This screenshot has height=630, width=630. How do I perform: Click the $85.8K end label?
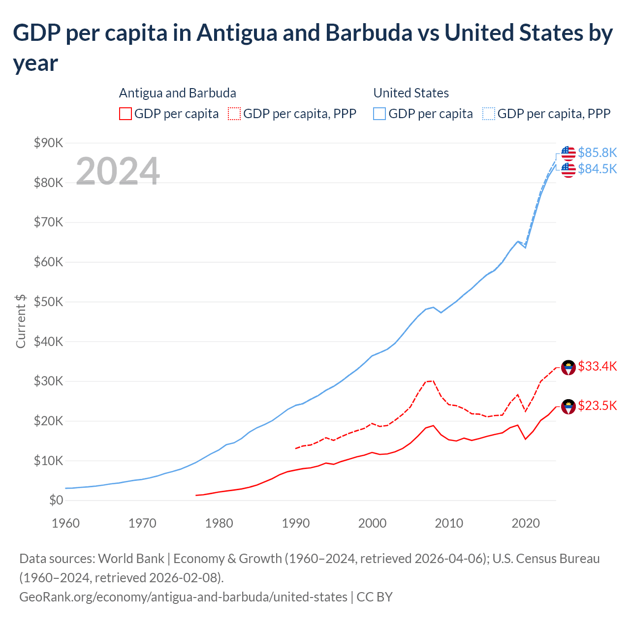(x=597, y=153)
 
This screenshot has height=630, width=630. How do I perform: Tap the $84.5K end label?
(x=597, y=169)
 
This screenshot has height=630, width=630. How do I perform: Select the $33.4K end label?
(x=597, y=366)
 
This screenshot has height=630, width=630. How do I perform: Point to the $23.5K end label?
(x=597, y=406)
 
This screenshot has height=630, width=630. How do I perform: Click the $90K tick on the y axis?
(x=48, y=143)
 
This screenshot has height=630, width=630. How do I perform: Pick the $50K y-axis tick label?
(x=48, y=302)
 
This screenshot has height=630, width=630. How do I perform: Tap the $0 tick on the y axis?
(x=56, y=501)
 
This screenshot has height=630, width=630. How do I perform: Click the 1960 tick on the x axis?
(x=65, y=523)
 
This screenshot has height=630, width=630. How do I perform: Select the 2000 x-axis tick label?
(x=372, y=523)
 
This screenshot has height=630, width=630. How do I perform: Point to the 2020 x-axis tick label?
(x=526, y=523)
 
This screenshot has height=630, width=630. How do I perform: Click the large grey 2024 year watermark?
(x=118, y=171)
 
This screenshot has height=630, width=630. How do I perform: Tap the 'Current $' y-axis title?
(x=21, y=321)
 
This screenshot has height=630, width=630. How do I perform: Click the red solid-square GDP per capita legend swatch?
(x=126, y=114)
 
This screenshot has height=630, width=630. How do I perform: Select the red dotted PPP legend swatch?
(x=234, y=114)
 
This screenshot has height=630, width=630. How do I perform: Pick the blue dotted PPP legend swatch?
(x=489, y=114)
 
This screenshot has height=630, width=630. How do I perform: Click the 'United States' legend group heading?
(x=411, y=93)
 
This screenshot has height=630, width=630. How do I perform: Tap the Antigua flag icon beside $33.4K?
(x=568, y=367)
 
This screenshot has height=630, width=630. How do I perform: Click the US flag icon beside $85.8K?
(x=568, y=153)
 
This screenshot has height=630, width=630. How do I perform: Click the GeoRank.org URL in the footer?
(x=183, y=597)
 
